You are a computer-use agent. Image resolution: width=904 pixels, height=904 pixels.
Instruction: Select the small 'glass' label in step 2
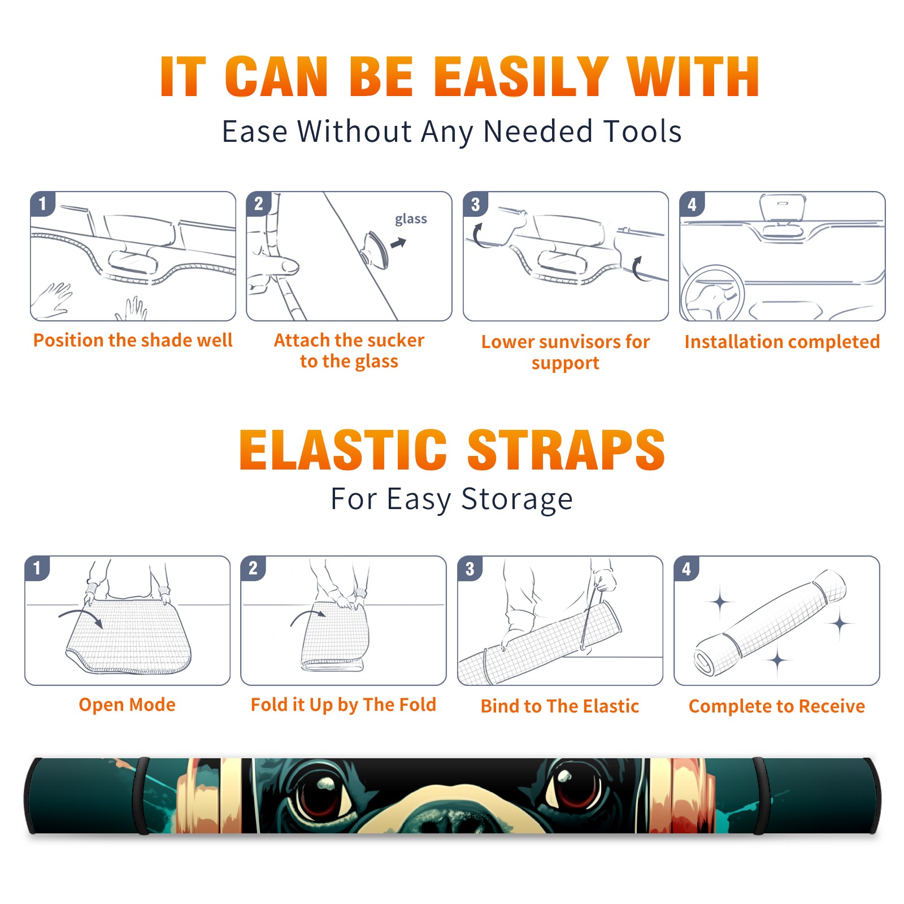[411, 219]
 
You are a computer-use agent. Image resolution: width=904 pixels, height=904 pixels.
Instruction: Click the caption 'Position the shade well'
[133, 340]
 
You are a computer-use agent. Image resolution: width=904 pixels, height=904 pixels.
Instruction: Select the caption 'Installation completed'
[782, 342]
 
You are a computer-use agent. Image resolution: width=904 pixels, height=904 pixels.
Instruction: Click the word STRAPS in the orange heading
[566, 450]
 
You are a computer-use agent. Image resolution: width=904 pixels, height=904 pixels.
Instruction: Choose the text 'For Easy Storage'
[451, 499]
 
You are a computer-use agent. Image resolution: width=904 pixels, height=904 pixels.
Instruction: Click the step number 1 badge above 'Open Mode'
[37, 568]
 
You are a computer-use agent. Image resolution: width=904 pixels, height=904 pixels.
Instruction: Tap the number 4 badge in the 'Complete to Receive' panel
[686, 568]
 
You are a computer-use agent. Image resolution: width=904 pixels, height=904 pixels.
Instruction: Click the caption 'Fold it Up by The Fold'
[344, 705]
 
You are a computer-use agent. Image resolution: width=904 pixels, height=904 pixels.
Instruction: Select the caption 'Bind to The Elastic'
[560, 706]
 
